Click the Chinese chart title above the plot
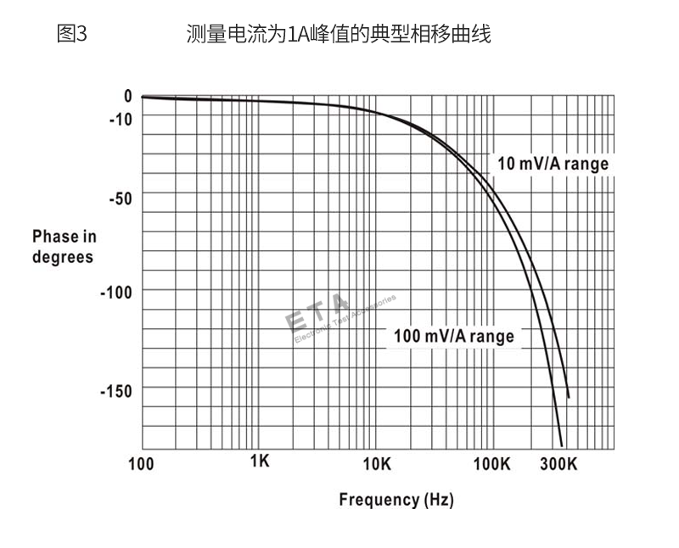[x=339, y=35]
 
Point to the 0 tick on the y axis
[x=128, y=97]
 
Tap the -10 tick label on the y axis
[x=121, y=119]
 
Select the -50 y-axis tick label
[x=121, y=199]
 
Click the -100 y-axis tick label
[x=116, y=293]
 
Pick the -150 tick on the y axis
[x=116, y=391]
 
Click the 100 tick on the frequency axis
[x=140, y=463]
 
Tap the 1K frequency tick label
[x=260, y=461]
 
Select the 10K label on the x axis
[x=376, y=463]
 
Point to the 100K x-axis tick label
[x=491, y=463]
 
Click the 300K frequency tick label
[x=558, y=463]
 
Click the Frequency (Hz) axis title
[x=396, y=499]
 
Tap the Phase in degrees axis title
[x=65, y=246]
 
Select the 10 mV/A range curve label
[x=553, y=164]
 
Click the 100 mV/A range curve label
[x=453, y=336]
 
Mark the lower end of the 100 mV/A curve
[x=561, y=445]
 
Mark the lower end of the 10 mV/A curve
[x=568, y=397]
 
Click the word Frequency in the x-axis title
[x=378, y=499]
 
